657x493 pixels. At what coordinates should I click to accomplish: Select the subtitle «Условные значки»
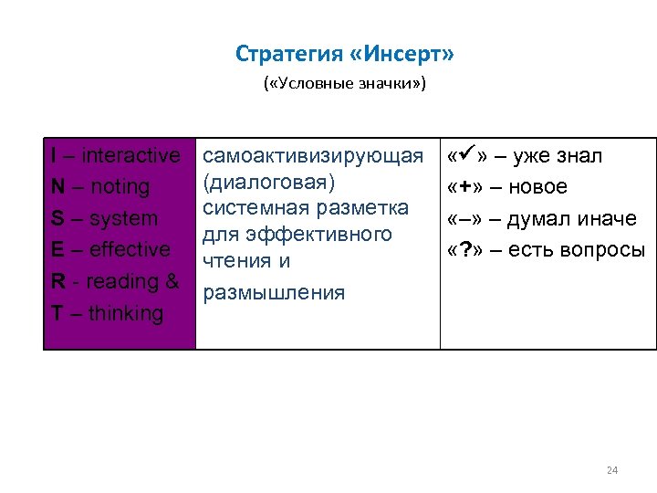click(x=344, y=85)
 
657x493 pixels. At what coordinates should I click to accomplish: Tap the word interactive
click(x=131, y=156)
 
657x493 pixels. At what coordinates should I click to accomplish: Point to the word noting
click(x=114, y=187)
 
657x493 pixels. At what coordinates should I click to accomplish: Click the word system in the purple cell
click(x=123, y=219)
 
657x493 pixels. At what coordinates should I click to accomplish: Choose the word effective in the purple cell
click(x=130, y=250)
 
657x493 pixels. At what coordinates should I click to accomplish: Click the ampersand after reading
click(x=172, y=281)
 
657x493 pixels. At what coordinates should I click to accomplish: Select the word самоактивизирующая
click(x=313, y=156)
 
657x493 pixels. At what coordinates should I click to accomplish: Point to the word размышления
click(x=274, y=292)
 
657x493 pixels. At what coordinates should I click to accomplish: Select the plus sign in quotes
click(x=465, y=187)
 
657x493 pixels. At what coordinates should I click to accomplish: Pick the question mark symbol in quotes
click(x=465, y=250)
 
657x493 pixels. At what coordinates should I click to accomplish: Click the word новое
click(x=538, y=187)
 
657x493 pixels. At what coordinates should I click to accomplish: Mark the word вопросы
click(x=603, y=250)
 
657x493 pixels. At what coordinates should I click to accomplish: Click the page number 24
click(x=611, y=471)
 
